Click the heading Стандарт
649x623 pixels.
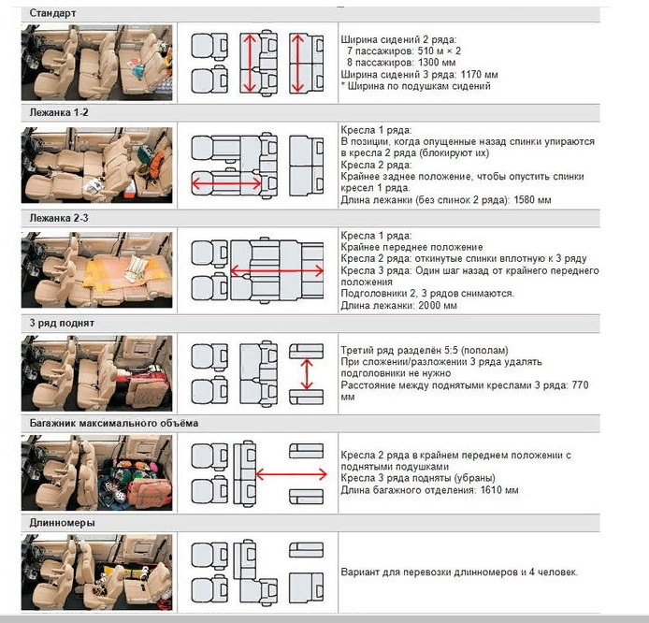pos(52,13)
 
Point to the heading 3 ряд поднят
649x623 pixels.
pos(62,323)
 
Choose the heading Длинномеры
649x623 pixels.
pos(61,522)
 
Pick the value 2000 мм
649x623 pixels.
pos(437,305)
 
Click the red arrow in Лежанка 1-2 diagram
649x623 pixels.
pos(227,184)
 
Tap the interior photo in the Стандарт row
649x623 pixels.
pos(97,62)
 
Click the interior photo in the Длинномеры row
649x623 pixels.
pos(97,571)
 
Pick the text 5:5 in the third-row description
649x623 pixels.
pos(464,350)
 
